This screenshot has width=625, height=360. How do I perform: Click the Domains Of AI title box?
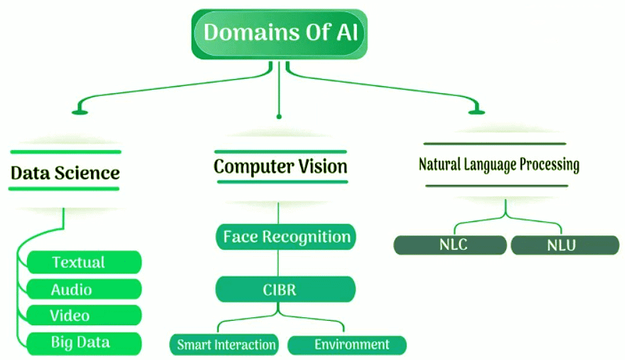point(279,33)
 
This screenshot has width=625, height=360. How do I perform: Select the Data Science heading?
point(65,172)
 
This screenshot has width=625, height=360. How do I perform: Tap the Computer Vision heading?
point(280,166)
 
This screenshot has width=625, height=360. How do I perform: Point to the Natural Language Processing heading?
point(498,165)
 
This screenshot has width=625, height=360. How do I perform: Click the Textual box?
point(83,263)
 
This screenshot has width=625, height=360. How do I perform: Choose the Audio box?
point(83,290)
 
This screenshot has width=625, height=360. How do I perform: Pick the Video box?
point(83,316)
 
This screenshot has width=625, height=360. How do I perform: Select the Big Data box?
point(83,343)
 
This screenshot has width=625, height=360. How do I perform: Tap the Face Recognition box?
point(286,236)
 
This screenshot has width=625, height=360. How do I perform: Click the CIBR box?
point(286,290)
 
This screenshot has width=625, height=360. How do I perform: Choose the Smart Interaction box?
point(226,345)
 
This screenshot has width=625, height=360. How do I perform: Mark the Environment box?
point(348,345)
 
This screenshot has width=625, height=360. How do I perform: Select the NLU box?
point(565,245)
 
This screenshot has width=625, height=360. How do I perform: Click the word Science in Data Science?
point(89,172)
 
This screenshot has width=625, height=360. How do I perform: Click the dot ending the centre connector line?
point(279,115)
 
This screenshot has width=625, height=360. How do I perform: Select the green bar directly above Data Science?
point(65,152)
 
